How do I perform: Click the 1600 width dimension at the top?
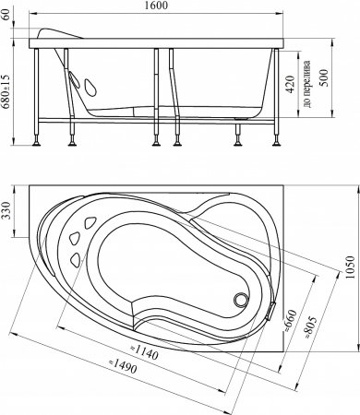[x=157, y=6]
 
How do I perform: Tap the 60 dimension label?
[x=6, y=15]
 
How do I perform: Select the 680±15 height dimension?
[x=6, y=92]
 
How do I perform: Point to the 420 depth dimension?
[x=290, y=84]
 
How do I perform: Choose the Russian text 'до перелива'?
[x=306, y=83]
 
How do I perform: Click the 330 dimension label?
[x=6, y=211]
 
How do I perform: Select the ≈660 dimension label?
[x=291, y=320]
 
